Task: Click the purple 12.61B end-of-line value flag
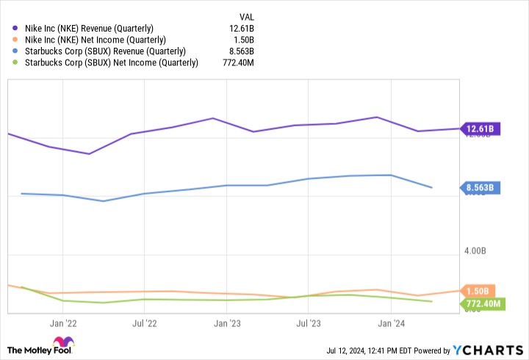(x=481, y=129)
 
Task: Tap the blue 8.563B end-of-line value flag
(x=481, y=187)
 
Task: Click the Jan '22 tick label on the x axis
(x=65, y=323)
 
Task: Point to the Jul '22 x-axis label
(x=145, y=323)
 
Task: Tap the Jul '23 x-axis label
(x=309, y=323)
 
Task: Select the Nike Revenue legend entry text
(x=95, y=28)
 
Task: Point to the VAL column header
(x=248, y=16)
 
